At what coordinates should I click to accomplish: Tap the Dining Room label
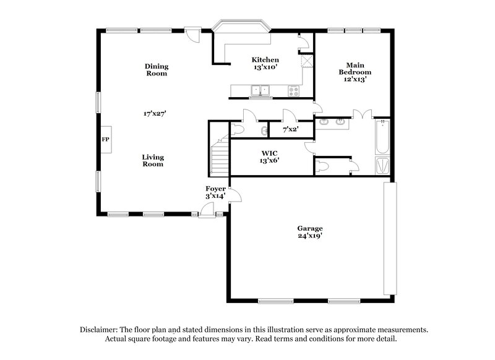click(x=157, y=70)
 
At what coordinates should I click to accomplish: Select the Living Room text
click(x=153, y=161)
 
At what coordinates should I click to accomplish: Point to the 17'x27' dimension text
click(x=155, y=114)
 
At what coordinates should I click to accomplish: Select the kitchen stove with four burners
click(x=293, y=92)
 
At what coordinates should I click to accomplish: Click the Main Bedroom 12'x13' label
click(x=355, y=72)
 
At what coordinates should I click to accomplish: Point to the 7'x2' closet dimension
click(x=291, y=130)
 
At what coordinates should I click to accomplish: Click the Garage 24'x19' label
click(x=309, y=232)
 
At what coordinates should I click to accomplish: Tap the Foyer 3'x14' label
click(x=215, y=192)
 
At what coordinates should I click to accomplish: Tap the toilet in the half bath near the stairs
click(x=238, y=129)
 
